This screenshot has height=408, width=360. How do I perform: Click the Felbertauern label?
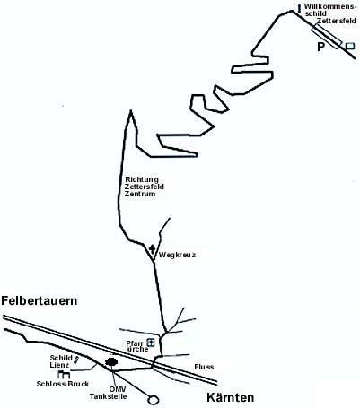pyautogui.click(x=40, y=300)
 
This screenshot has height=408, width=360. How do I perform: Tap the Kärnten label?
pyautogui.click(x=231, y=397)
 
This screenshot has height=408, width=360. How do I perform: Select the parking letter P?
pyautogui.click(x=320, y=47)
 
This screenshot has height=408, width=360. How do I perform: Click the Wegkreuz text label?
pyautogui.click(x=177, y=255)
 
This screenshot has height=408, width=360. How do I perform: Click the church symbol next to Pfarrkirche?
pyautogui.click(x=151, y=343)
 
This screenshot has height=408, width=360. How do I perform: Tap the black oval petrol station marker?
pyautogui.click(x=111, y=362)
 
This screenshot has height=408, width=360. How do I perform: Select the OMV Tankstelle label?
pyautogui.click(x=109, y=393)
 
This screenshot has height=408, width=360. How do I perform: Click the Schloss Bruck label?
pyautogui.click(x=63, y=384)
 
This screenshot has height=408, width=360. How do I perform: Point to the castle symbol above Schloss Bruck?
pyautogui.click(x=64, y=374)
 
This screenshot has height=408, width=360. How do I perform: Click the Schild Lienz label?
pyautogui.click(x=61, y=361)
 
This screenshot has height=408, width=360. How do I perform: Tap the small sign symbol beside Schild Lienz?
pyautogui.click(x=76, y=360)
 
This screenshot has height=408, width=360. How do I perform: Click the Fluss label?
pyautogui.click(x=204, y=367)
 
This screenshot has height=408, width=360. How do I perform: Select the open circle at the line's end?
pyautogui.click(x=154, y=399)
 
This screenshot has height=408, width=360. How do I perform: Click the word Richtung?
pyautogui.click(x=142, y=179)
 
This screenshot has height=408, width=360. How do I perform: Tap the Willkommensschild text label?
pyautogui.click(x=329, y=10)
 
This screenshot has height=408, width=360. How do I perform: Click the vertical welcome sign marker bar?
pyautogui.click(x=299, y=9)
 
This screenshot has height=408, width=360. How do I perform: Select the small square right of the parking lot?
pyautogui.click(x=350, y=46)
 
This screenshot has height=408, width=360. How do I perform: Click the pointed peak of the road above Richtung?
pyautogui.click(x=131, y=110)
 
